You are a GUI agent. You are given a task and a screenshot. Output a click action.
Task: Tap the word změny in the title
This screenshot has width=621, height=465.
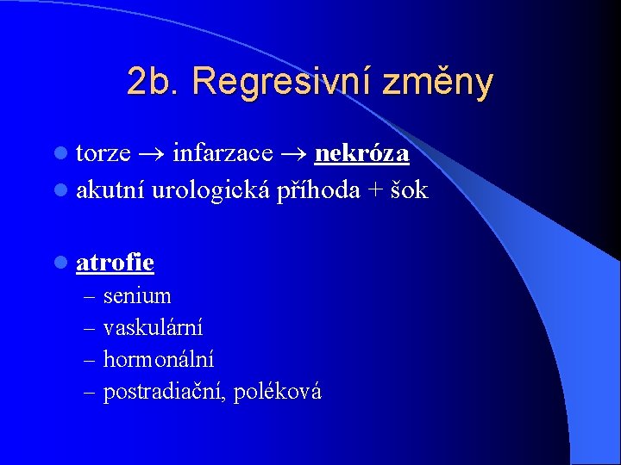pos(439,82)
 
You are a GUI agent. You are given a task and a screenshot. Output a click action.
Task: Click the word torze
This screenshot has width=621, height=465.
pos(103,154)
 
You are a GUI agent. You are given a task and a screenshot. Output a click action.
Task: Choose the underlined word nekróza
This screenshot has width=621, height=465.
pos(362,154)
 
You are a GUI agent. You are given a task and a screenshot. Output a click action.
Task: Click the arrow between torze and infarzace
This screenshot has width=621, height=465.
pos(152,155)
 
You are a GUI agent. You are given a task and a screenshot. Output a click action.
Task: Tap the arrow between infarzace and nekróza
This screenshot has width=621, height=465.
pos(294,155)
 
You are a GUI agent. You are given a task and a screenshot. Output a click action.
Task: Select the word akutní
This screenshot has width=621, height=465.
pos(110,189)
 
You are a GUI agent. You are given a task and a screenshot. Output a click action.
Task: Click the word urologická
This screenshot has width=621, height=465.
pos(212,189)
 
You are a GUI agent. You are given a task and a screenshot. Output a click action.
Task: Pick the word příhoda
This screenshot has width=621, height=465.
pos(319,190)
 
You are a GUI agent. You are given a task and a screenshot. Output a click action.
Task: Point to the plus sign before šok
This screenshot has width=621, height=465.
pos(376,190)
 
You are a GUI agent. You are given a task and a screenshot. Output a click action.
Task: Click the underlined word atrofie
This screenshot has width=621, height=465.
pos(115,262)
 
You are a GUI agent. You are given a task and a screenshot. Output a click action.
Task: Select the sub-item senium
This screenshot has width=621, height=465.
pos(137,296)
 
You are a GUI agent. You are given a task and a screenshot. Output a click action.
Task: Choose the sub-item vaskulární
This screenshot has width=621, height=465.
pos(154,328)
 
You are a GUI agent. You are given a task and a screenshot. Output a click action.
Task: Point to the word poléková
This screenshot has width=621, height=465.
pos(278,392)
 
